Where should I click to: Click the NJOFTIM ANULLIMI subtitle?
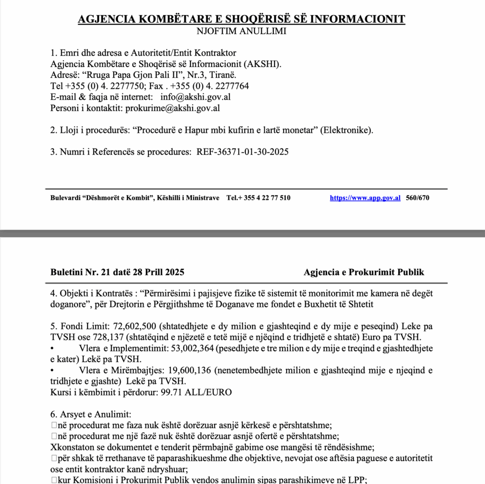coord(242,32)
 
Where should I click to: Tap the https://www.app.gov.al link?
coord(365,198)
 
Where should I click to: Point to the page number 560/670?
coord(418,198)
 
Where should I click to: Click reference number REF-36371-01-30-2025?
coord(242,152)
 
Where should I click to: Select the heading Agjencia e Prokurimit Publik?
coord(364,272)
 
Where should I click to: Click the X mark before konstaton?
coord(53,447)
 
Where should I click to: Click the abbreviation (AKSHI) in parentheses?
coord(269,64)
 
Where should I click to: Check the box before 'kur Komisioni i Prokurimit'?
coord(54,480)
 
